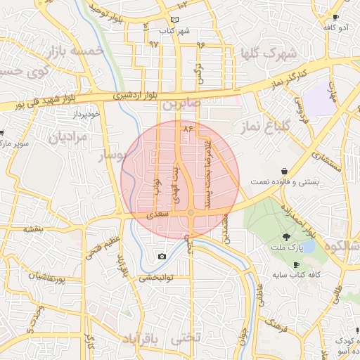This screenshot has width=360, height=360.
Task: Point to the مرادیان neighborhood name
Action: coord(69,136)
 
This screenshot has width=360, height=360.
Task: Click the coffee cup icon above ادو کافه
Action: coord(335,17)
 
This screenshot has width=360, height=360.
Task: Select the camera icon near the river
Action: coord(162,256)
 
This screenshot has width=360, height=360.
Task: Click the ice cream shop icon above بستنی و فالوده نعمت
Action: coord(283,171)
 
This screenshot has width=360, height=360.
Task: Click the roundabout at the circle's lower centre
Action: coord(191,213)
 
